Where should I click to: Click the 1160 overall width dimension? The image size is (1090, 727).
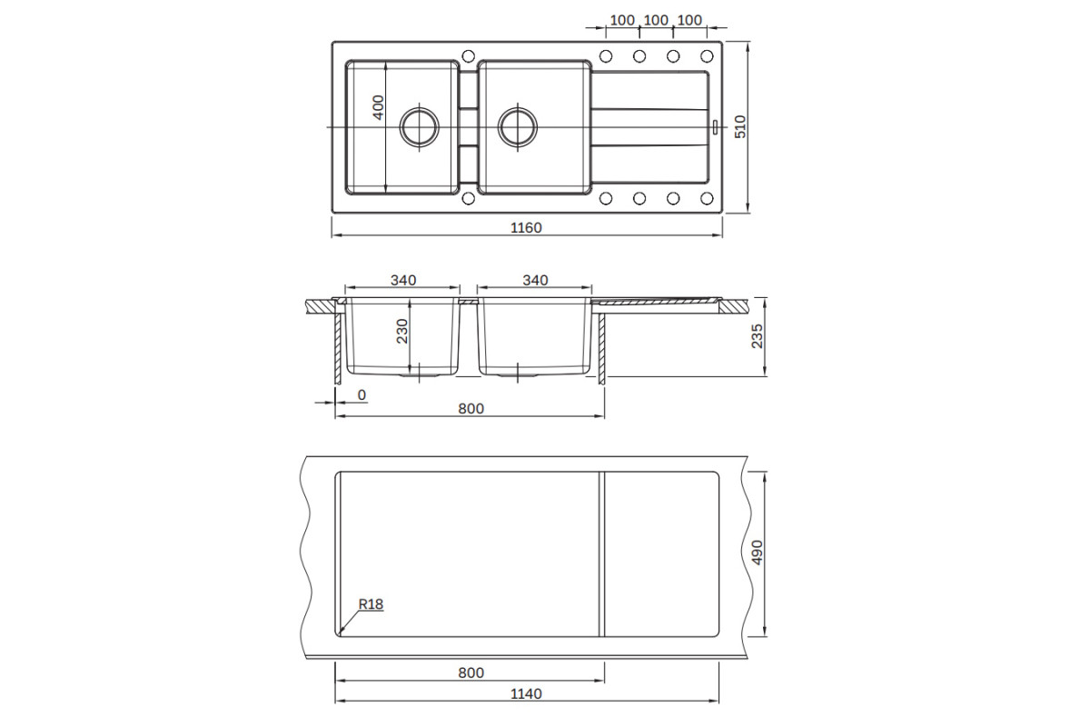tap(526, 228)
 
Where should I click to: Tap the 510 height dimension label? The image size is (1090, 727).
tap(740, 126)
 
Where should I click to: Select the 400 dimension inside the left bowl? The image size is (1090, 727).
tap(378, 107)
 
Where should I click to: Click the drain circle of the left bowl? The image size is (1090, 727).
tap(419, 126)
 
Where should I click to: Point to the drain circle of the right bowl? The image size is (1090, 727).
tap(518, 126)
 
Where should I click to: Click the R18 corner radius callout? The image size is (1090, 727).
tap(371, 604)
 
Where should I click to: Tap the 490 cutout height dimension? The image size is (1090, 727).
tap(758, 553)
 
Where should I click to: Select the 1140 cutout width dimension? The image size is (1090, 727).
tap(526, 693)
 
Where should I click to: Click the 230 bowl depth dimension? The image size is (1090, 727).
tap(402, 331)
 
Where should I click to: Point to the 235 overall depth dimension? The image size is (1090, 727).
tap(758, 336)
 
